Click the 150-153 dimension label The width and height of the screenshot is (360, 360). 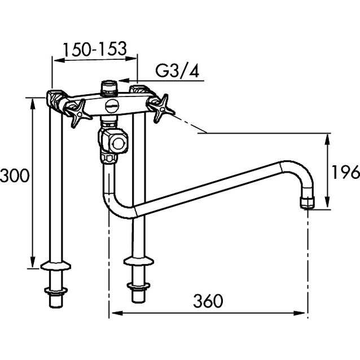tap(95, 49)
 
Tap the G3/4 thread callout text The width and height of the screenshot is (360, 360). tap(177, 71)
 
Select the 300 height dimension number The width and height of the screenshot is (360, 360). tap(15, 175)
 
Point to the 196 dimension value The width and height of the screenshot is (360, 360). tap(346, 172)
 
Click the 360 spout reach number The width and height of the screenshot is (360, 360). tap(208, 301)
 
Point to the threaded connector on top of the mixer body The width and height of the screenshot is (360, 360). tap(109, 88)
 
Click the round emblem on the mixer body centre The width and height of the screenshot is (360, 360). tap(112, 106)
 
